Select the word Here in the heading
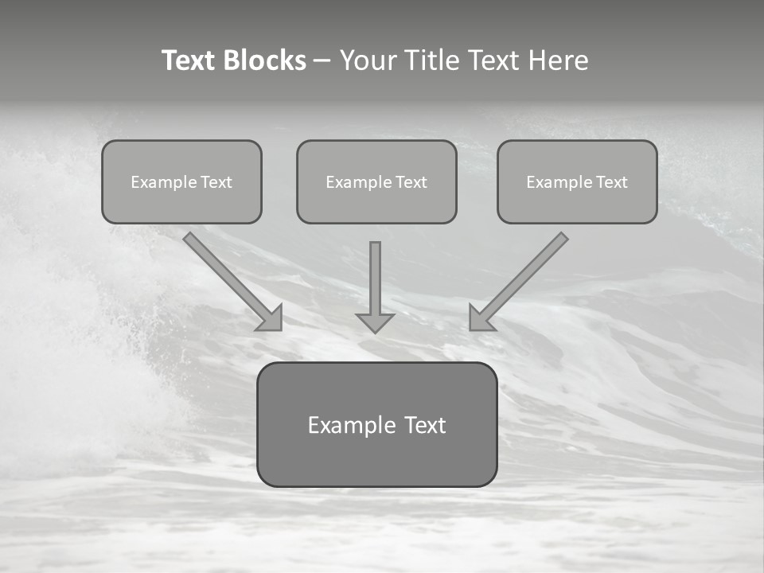click(x=558, y=60)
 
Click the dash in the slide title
click(x=322, y=61)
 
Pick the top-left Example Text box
click(x=181, y=181)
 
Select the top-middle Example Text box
click(x=376, y=181)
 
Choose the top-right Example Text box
click(x=577, y=181)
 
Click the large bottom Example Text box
click(x=376, y=424)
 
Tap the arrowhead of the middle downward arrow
click(x=375, y=322)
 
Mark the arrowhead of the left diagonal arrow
click(x=271, y=319)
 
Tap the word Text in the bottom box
click(x=426, y=425)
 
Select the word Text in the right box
click(x=612, y=182)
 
